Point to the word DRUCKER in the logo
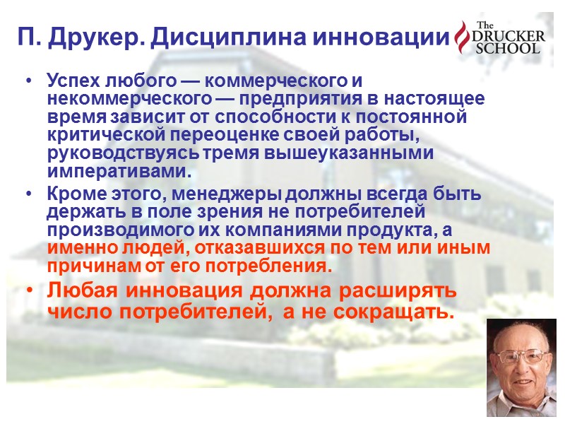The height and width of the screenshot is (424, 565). click(508, 36)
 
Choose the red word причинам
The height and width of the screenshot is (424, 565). click(88, 267)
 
